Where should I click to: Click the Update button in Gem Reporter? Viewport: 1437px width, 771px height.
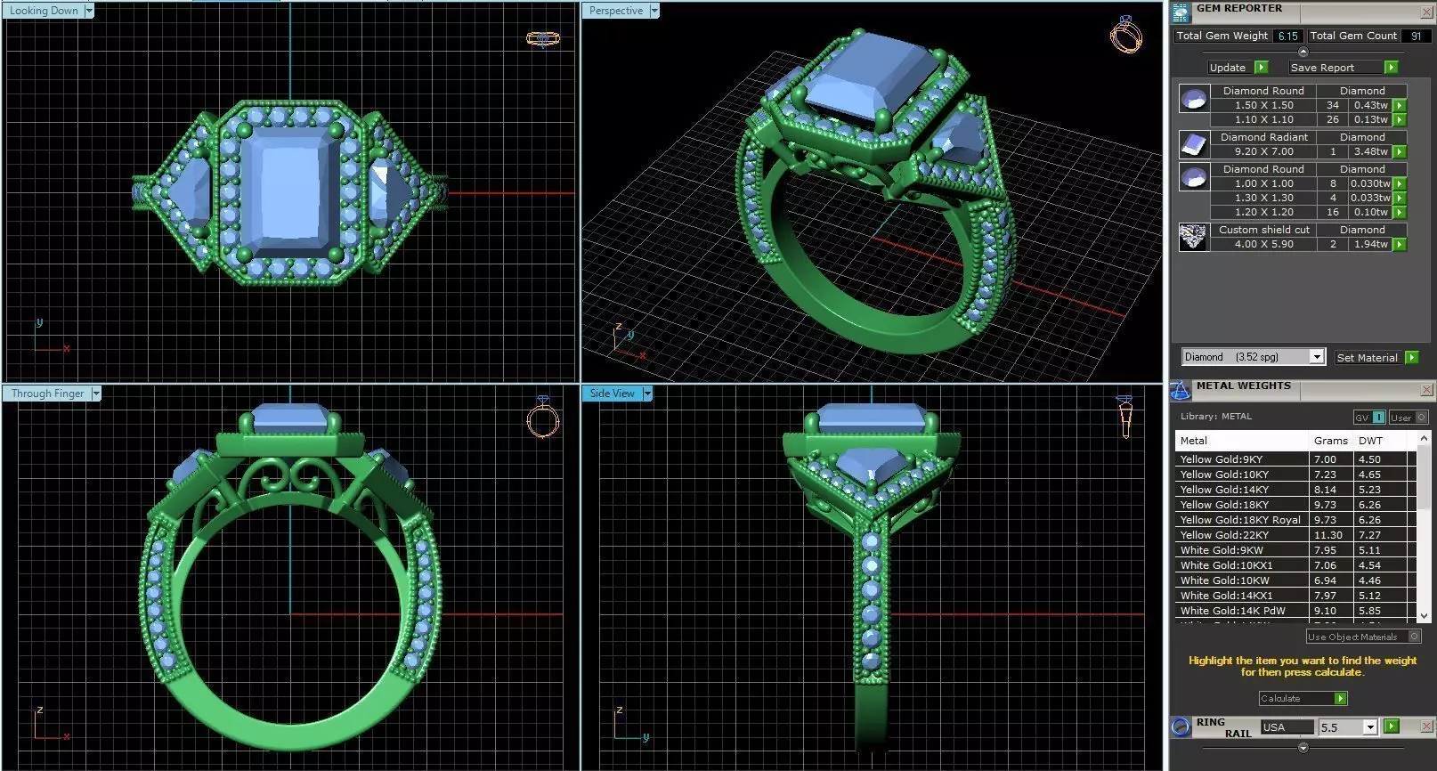point(1228,68)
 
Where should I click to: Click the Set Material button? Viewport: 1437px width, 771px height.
point(1367,358)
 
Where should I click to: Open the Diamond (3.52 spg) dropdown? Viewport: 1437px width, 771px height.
point(1316,357)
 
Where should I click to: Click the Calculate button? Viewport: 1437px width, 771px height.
point(1302,699)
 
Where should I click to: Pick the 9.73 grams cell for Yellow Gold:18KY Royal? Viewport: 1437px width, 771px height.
point(1325,520)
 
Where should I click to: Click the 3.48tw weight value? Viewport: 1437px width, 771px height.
point(1370,151)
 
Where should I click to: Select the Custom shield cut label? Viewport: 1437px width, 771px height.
point(1263,230)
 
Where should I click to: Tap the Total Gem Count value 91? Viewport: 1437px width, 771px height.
point(1416,37)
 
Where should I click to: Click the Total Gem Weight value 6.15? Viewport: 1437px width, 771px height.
point(1287,37)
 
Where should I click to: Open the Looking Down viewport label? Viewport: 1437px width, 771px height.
point(45,11)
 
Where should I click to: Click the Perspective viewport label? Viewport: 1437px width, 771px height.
point(616,11)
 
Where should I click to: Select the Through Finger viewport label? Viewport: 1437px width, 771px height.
point(48,394)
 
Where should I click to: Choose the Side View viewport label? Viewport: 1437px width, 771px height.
point(613,394)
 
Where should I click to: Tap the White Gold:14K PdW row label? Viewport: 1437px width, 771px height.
point(1233,611)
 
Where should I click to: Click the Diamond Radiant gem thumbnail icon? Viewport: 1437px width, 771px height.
point(1193,144)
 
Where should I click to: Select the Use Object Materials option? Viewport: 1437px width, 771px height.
point(1353,637)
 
